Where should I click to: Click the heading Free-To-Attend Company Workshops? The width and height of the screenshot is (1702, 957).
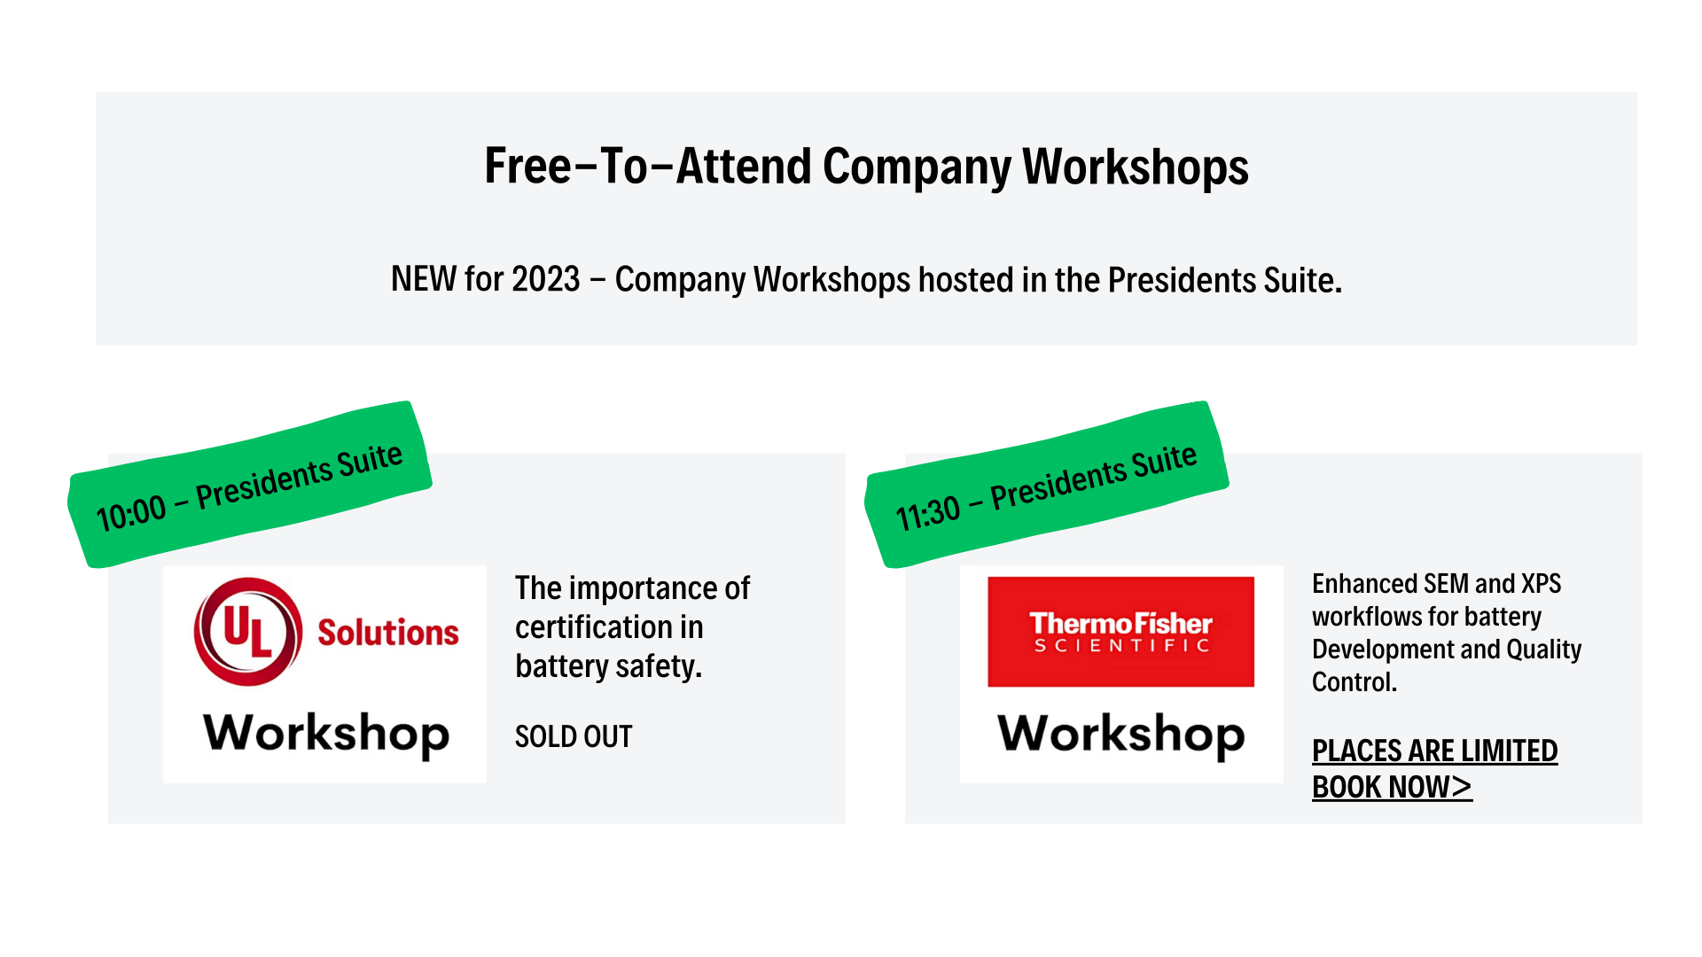coord(866,167)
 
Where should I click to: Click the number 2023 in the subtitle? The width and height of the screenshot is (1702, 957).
coord(546,279)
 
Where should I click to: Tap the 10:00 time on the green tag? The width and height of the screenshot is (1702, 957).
coord(131,513)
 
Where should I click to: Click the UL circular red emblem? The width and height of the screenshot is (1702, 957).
coord(248,632)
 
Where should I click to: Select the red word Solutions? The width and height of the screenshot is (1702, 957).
coord(388,633)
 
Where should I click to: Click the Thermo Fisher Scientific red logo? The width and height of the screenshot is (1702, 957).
coord(1121,632)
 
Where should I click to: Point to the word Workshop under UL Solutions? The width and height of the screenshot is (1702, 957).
coord(326,734)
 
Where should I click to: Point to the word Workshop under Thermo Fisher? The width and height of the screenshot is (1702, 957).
coord(1121,734)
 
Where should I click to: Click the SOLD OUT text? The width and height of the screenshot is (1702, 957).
coord(574,736)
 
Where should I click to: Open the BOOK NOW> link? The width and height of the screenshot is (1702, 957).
coord(1392,787)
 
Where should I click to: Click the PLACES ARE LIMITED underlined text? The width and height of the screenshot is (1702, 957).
coord(1434,751)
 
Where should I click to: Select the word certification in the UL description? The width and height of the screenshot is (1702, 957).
coord(594,627)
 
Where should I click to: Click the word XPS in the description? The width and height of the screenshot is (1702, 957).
coord(1541,584)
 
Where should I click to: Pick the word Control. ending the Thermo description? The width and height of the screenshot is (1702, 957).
coord(1355,682)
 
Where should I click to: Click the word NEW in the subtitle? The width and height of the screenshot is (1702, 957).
coord(424,279)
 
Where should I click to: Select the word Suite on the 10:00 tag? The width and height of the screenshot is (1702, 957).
coord(370,461)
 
